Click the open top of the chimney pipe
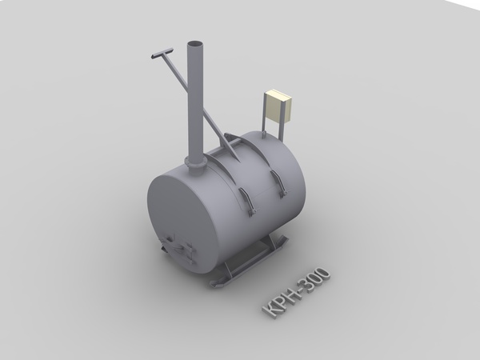pyautogui.click(x=195, y=44)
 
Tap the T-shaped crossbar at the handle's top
pyautogui.click(x=162, y=53)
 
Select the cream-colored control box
pyautogui.click(x=278, y=105)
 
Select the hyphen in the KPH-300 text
pyautogui.click(x=301, y=292)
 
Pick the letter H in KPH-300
pyautogui.click(x=290, y=298)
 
